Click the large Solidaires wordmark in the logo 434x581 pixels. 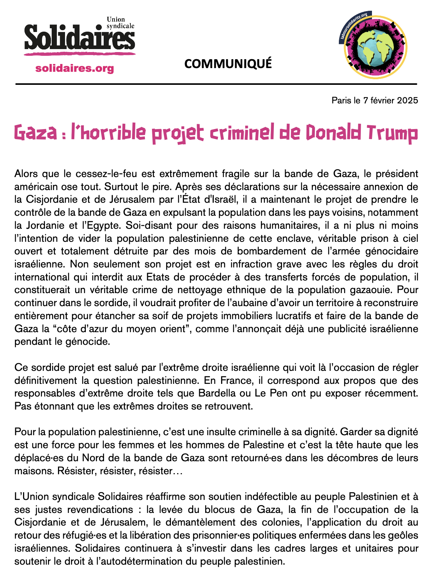[80, 38]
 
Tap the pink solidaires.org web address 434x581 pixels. [75, 68]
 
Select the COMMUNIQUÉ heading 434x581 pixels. [228, 64]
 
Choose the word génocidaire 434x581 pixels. [393, 251]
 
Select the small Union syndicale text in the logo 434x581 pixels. [120, 23]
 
